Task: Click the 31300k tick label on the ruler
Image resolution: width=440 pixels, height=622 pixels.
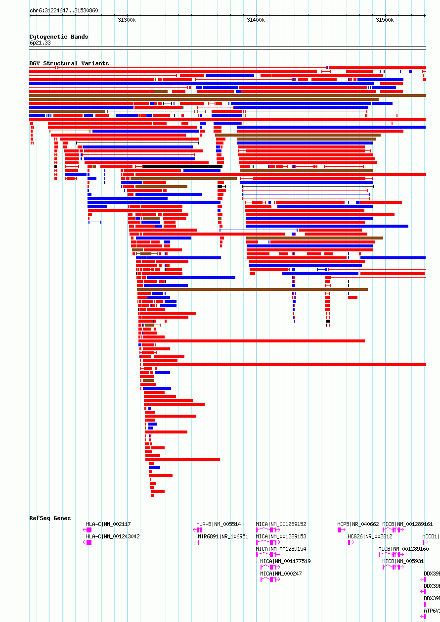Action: pyautogui.click(x=127, y=20)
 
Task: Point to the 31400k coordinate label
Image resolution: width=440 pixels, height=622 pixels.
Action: pyautogui.click(x=256, y=20)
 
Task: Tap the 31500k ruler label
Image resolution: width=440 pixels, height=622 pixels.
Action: pyautogui.click(x=385, y=20)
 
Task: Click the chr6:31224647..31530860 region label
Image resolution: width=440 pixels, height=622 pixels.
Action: pyautogui.click(x=64, y=10)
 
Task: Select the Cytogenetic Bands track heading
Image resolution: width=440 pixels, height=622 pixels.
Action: pyautogui.click(x=59, y=37)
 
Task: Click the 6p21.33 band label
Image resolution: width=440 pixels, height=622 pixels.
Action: pyautogui.click(x=40, y=43)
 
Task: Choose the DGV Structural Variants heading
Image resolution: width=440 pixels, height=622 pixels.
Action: pyautogui.click(x=69, y=63)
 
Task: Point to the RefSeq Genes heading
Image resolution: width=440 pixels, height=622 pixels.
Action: pyautogui.click(x=50, y=518)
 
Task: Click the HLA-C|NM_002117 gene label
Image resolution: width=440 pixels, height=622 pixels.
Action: pyautogui.click(x=108, y=524)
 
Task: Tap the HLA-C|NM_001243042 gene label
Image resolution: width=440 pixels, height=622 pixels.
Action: pyautogui.click(x=113, y=536)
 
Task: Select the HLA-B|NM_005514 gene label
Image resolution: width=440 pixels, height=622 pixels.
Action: pyautogui.click(x=219, y=524)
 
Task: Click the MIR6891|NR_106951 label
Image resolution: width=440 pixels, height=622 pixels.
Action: pyautogui.click(x=223, y=536)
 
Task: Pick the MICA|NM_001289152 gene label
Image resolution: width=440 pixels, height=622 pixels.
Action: pyautogui.click(x=281, y=524)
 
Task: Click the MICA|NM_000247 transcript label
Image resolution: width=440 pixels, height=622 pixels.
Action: pyautogui.click(x=281, y=574)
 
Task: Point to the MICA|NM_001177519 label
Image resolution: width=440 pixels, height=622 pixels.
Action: pyautogui.click(x=285, y=561)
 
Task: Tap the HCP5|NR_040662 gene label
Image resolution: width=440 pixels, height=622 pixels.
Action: pyautogui.click(x=358, y=524)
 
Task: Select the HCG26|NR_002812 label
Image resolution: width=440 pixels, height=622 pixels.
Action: pyautogui.click(x=370, y=536)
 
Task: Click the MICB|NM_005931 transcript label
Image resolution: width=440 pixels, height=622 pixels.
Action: pyautogui.click(x=402, y=561)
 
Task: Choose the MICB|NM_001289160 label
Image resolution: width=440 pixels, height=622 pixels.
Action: pyautogui.click(x=403, y=549)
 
